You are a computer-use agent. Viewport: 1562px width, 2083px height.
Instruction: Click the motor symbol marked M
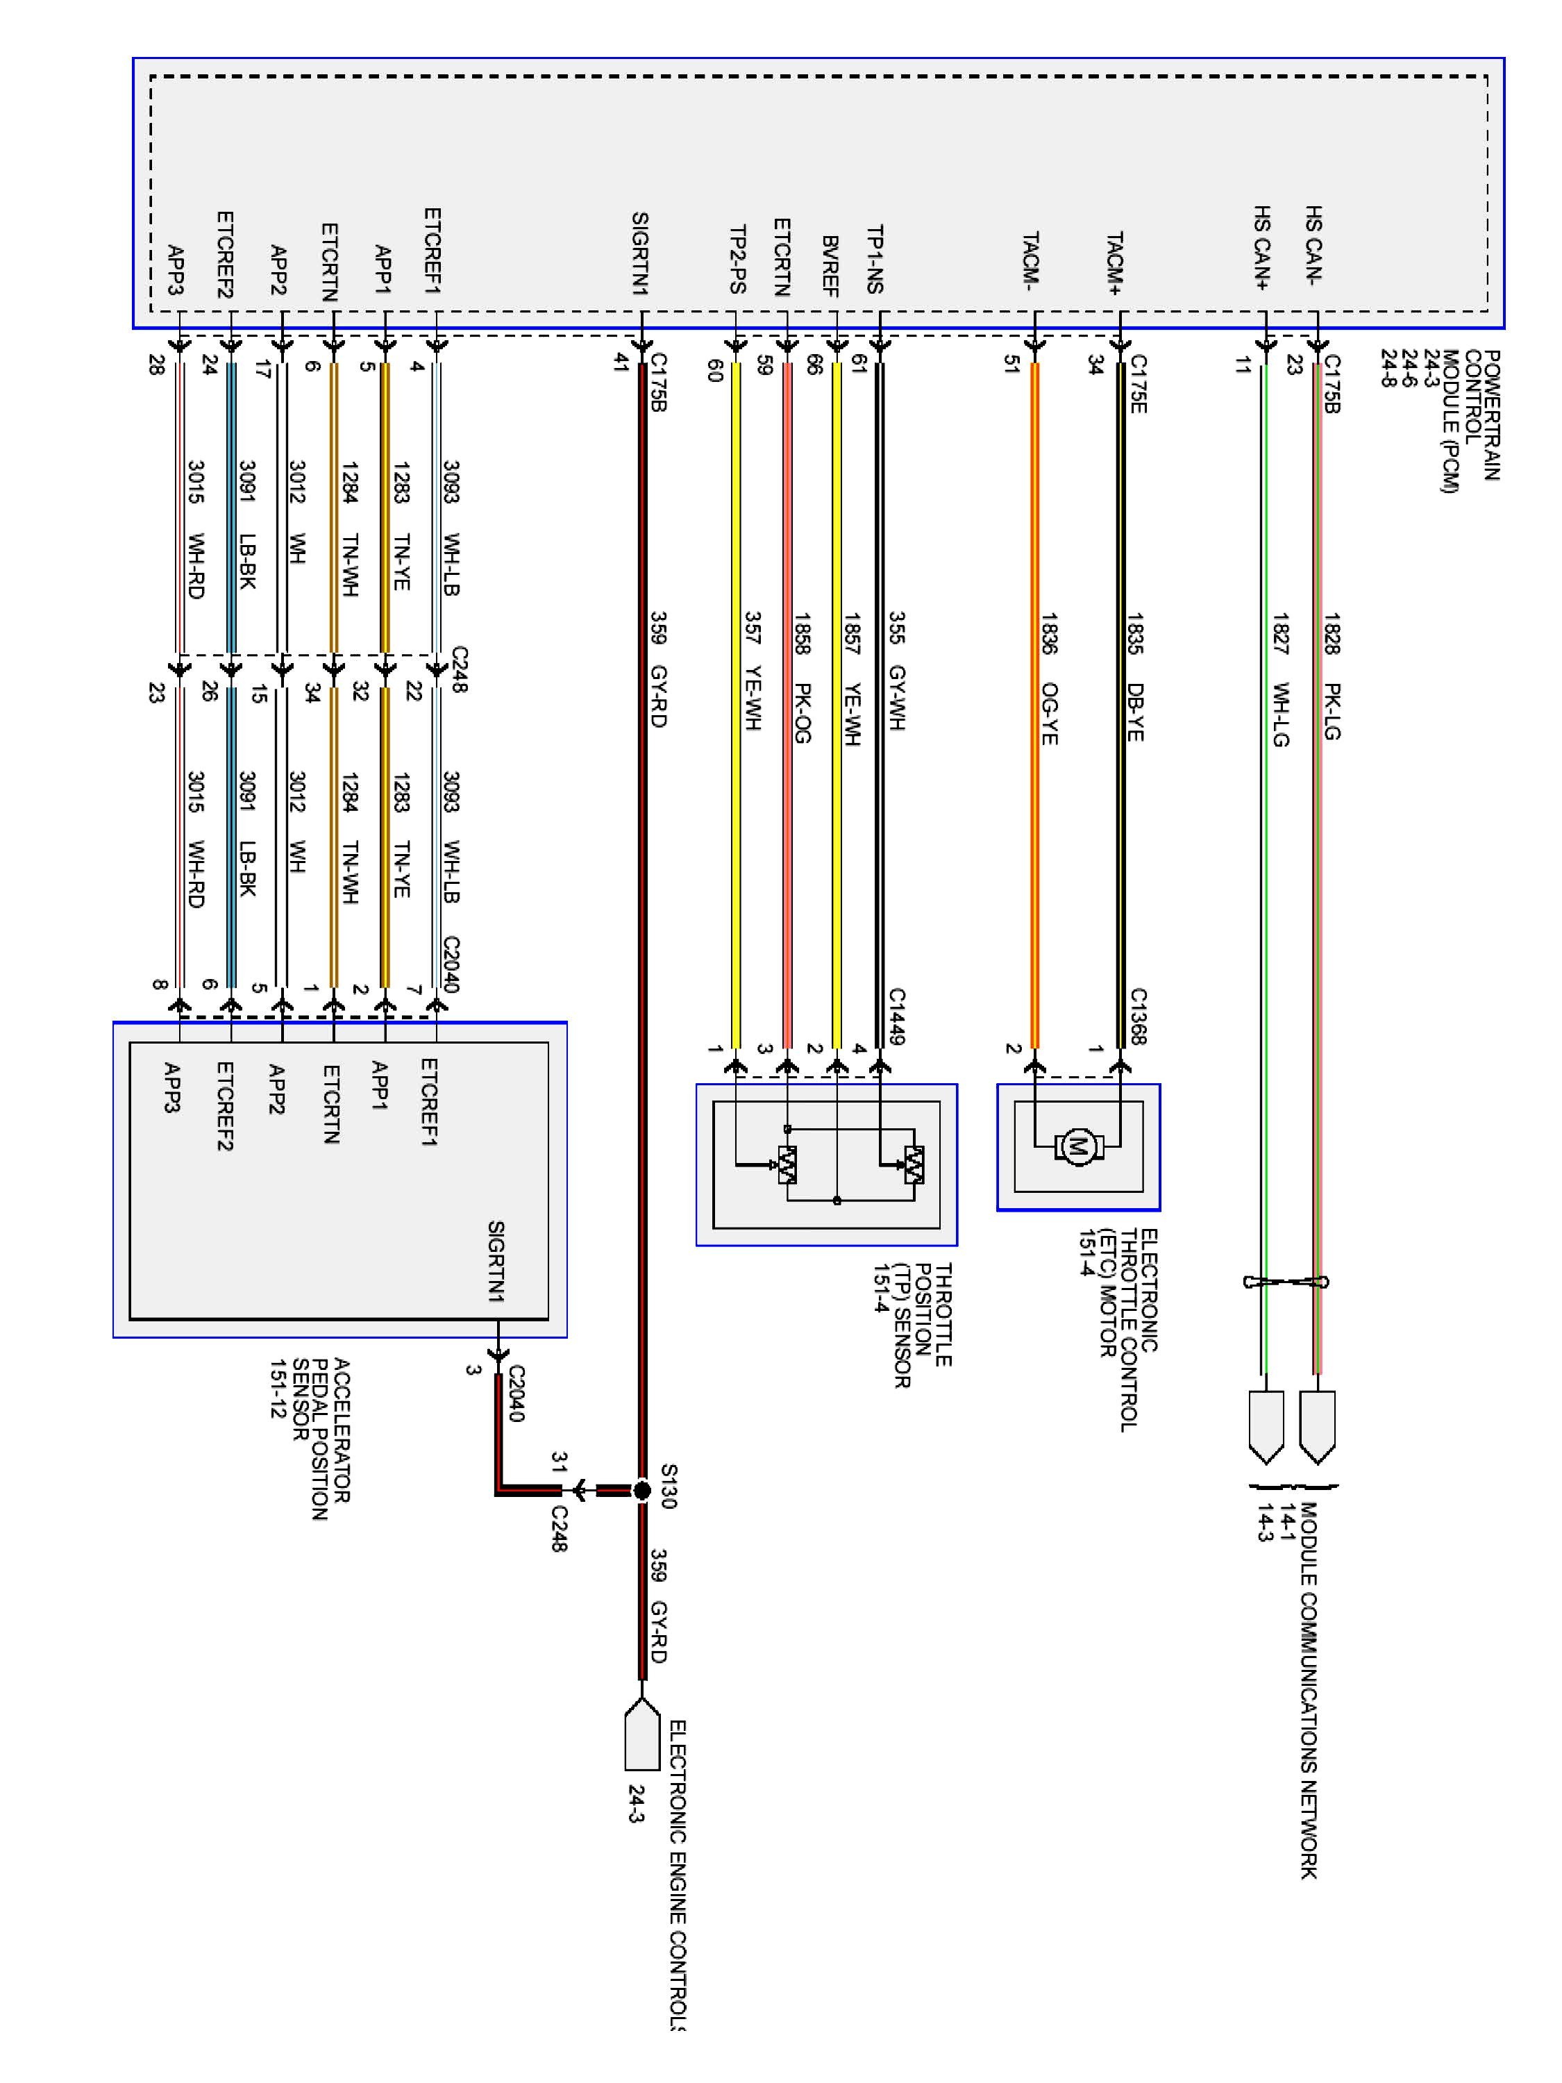pyautogui.click(x=1077, y=1147)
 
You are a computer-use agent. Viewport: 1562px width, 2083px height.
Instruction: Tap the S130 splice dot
pyautogui.click(x=642, y=1491)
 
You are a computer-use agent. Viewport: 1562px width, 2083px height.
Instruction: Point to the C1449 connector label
pyautogui.click(x=897, y=1016)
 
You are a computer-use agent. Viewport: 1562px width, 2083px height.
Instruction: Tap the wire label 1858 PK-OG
pyautogui.click(x=801, y=678)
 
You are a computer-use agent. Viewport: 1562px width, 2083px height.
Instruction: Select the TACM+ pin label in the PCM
pyautogui.click(x=1115, y=265)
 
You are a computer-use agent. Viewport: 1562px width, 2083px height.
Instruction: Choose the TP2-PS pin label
pyautogui.click(x=738, y=259)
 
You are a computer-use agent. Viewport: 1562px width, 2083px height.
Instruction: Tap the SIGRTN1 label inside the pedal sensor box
pyautogui.click(x=496, y=1261)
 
